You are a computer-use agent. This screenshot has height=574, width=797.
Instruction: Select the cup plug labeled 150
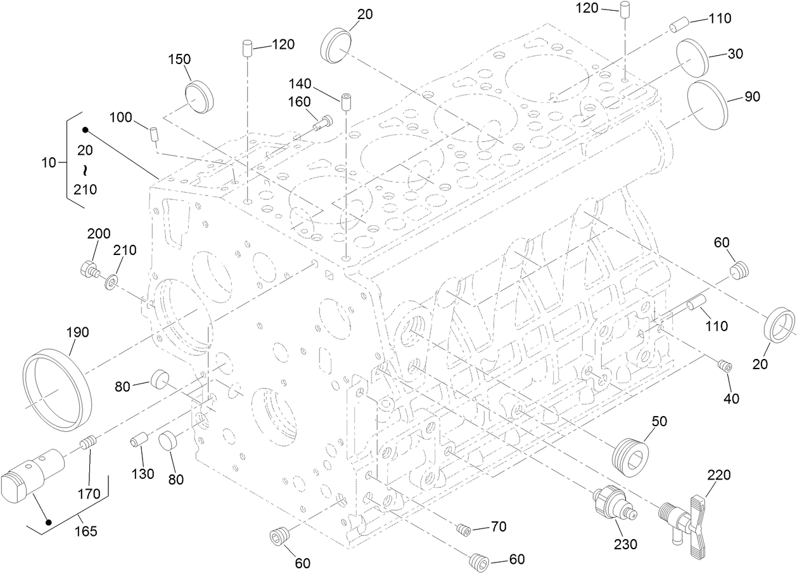point(200,96)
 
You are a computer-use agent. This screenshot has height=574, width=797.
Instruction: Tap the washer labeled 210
point(112,280)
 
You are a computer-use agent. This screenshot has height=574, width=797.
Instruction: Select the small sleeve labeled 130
point(139,439)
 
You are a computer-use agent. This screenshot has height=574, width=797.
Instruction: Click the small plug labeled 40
point(724,366)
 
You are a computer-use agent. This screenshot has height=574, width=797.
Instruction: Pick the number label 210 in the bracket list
point(85,188)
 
